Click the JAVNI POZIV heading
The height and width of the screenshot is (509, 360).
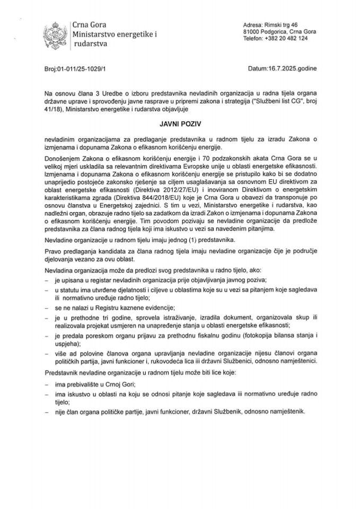180,122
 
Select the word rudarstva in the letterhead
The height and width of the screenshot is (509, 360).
89,45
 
